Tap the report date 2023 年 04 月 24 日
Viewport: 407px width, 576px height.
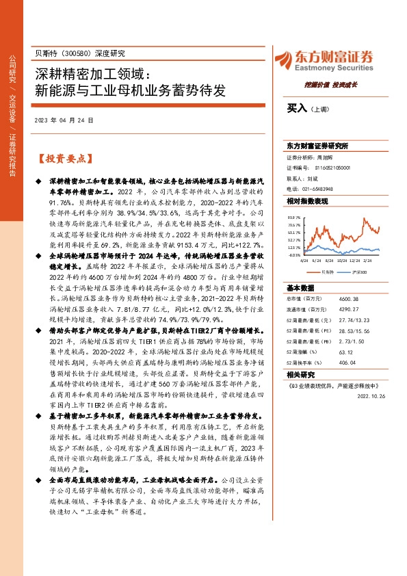pos(64,120)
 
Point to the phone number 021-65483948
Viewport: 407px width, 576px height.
pos(315,188)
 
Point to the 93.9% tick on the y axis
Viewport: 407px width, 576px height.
pos(293,215)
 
